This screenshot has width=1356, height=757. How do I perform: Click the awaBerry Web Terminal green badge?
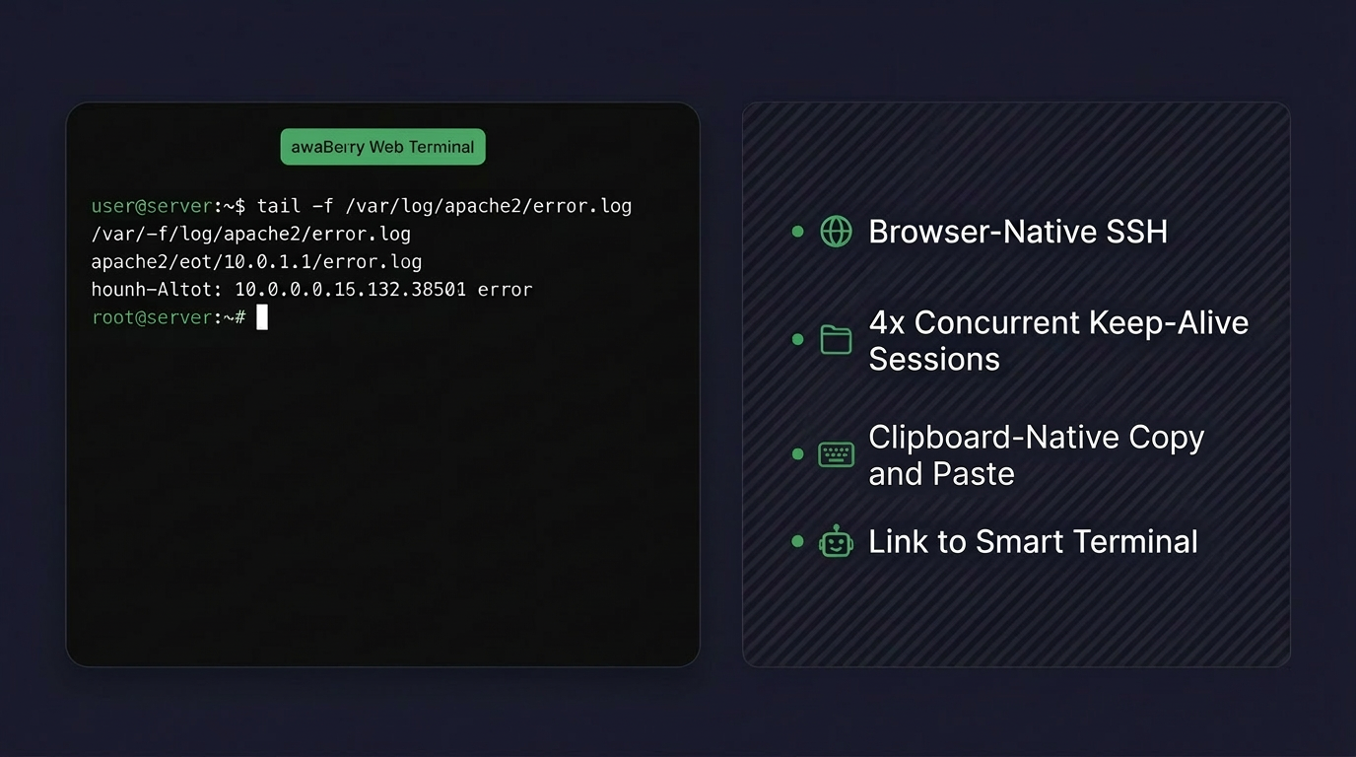pyautogui.click(x=382, y=147)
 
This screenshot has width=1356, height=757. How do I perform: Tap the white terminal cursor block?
pyautogui.click(x=262, y=317)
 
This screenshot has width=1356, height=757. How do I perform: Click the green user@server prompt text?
pyautogui.click(x=152, y=206)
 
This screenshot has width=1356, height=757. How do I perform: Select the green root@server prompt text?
pyautogui.click(x=152, y=317)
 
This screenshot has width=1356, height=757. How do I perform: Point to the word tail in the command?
pyautogui.click(x=278, y=206)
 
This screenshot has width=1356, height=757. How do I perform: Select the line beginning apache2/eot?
pyautogui.click(x=256, y=262)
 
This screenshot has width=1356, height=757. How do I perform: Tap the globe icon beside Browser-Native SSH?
pyautogui.click(x=836, y=232)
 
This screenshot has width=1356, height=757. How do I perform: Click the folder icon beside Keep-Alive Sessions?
pyautogui.click(x=836, y=340)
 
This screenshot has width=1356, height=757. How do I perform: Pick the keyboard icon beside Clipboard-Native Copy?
pyautogui.click(x=836, y=454)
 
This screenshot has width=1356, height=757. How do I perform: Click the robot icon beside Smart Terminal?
pyautogui.click(x=836, y=541)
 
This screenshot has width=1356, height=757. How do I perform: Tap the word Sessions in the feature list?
pyautogui.click(x=933, y=359)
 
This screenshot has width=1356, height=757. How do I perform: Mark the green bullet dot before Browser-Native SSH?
pyautogui.click(x=797, y=232)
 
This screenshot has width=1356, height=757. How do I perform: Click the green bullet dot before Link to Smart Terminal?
pyautogui.click(x=797, y=541)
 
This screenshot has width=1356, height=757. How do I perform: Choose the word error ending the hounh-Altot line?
pyautogui.click(x=505, y=290)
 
